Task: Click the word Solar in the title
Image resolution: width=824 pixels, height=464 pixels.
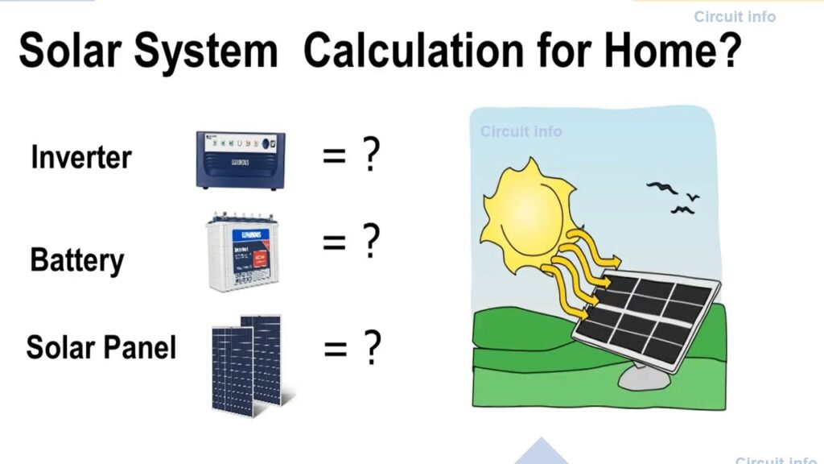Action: tap(71, 51)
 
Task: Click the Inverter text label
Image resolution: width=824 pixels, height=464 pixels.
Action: tap(80, 156)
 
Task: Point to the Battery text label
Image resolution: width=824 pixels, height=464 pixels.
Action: tap(77, 260)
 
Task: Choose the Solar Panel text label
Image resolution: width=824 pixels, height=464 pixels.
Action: tap(101, 347)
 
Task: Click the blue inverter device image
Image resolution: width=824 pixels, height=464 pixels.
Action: tap(241, 160)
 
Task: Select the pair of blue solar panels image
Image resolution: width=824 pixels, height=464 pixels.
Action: tap(246, 363)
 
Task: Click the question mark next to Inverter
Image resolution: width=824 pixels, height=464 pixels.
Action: tap(370, 155)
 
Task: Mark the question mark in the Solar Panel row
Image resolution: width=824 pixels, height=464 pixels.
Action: tap(371, 348)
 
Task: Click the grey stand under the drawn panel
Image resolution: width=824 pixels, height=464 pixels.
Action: tap(644, 375)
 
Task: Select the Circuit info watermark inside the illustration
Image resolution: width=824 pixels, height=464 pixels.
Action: tap(521, 131)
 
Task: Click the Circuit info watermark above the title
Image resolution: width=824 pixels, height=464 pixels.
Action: tap(735, 16)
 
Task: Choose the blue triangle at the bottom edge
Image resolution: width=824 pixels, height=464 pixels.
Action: tap(541, 453)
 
